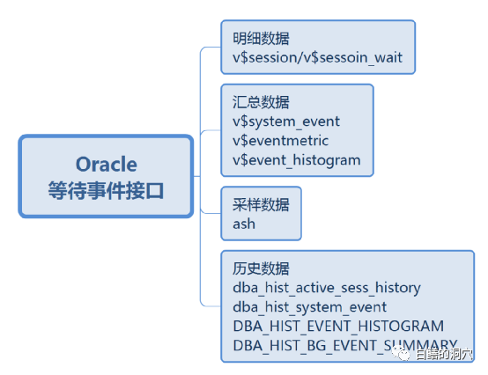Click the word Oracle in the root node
tap(106, 165)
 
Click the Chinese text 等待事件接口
tap(106, 189)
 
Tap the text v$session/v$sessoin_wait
tap(316, 59)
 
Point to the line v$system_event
tap(286, 121)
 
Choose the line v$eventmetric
tap(280, 141)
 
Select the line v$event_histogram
tap(297, 159)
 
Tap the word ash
tap(244, 223)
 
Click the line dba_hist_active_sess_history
tap(327, 287)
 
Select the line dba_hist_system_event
tap(309, 306)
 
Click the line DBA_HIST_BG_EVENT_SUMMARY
tap(344, 344)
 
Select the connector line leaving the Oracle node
tap(197, 176)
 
